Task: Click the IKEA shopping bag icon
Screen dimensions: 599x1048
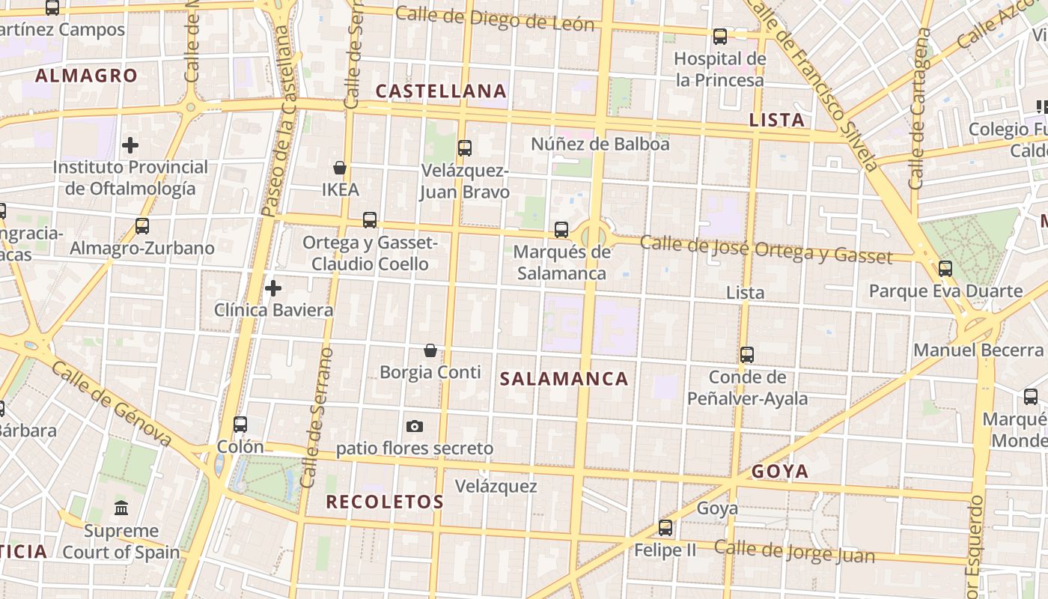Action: (x=340, y=167)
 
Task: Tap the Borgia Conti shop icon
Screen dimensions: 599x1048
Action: (x=430, y=350)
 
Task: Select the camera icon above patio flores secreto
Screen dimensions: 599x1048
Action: (x=414, y=426)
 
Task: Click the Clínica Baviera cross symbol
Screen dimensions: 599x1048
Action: (x=273, y=288)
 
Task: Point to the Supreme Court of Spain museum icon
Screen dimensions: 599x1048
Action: (x=121, y=508)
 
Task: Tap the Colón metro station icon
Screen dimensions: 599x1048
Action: (x=240, y=424)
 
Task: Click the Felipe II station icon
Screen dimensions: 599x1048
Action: (x=665, y=527)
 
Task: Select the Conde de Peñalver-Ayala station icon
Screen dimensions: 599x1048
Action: (x=747, y=354)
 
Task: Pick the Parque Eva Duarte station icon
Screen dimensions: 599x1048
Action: (x=945, y=268)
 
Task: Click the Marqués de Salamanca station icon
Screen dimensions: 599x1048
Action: (x=561, y=229)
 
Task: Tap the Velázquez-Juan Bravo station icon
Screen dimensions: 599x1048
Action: (x=465, y=148)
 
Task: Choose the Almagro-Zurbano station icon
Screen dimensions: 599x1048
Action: (x=141, y=225)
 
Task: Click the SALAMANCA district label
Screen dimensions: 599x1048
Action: (x=564, y=379)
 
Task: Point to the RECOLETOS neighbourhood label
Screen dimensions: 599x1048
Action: (x=385, y=502)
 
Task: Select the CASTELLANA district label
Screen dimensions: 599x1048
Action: (x=441, y=91)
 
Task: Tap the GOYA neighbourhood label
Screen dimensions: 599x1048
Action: (x=780, y=471)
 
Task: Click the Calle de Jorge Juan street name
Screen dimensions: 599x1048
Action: (x=793, y=552)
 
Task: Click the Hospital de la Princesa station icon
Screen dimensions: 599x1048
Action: (x=720, y=36)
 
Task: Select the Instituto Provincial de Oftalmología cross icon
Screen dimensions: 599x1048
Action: (x=130, y=145)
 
